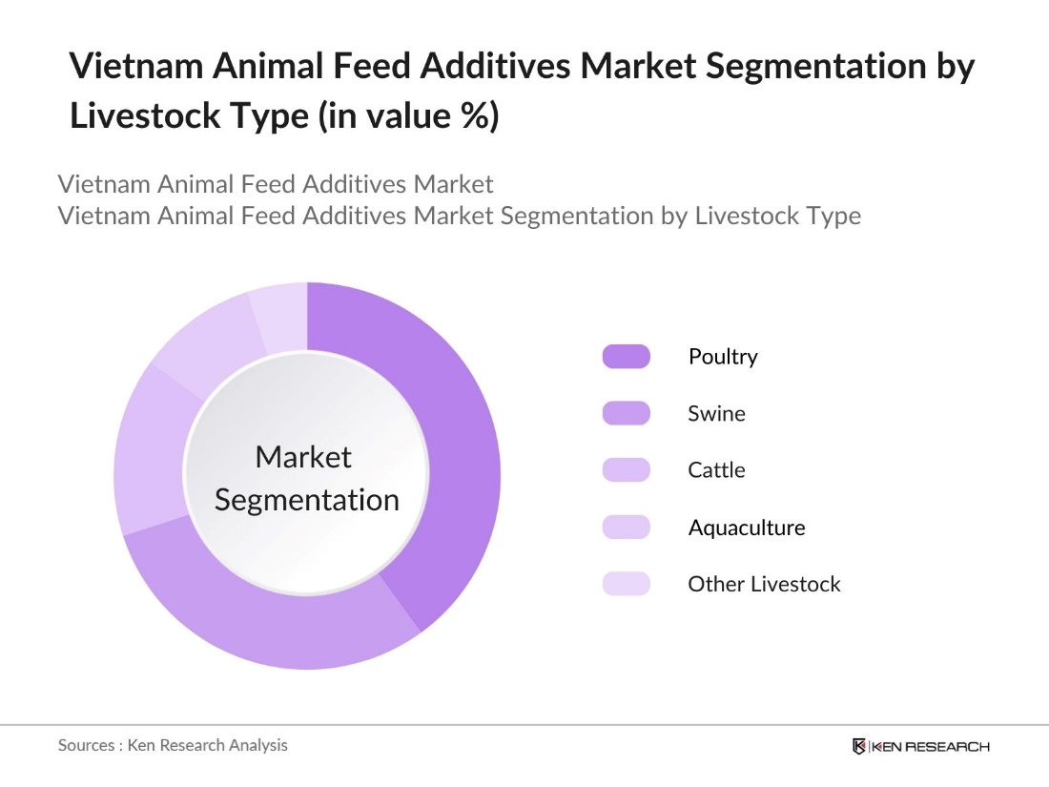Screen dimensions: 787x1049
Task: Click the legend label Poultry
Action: [722, 357]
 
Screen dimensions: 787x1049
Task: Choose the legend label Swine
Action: [716, 414]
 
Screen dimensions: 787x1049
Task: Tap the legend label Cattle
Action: [716, 470]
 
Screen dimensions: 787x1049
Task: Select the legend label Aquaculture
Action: [746, 528]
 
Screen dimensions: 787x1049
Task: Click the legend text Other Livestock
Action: [764, 584]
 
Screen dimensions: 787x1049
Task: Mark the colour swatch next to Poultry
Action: [626, 357]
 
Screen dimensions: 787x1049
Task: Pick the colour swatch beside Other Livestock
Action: [626, 584]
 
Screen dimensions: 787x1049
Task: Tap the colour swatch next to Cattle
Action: [626, 470]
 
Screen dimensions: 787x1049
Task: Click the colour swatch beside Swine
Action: [626, 414]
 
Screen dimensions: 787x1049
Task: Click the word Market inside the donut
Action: [303, 457]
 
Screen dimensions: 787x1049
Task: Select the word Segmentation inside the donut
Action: [306, 500]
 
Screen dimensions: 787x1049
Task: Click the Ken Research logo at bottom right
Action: [920, 746]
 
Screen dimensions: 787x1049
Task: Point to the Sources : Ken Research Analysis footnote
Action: [173, 745]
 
